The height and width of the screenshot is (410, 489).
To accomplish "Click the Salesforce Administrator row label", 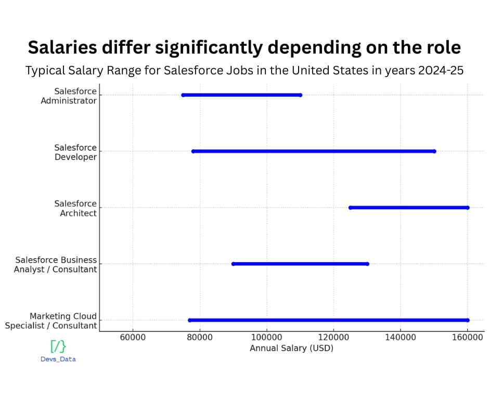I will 69,96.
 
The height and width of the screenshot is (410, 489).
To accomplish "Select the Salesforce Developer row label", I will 75,152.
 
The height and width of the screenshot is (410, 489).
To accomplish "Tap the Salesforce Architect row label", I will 75,208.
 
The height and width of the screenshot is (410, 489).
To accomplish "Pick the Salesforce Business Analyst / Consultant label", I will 56,264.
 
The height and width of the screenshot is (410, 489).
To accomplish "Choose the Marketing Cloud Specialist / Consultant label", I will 51,321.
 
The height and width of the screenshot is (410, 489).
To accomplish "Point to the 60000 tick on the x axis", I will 133,337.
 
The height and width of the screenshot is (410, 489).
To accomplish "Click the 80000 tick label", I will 200,337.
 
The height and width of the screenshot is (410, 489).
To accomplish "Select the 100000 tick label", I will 267,337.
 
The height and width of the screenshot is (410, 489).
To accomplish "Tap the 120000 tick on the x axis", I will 333,337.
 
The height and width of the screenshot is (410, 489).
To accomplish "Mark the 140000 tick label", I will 401,337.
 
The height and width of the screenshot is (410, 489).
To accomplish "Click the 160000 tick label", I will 468,337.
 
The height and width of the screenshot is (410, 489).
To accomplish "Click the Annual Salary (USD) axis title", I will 291,348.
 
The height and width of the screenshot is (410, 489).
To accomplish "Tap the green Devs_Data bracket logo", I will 58,346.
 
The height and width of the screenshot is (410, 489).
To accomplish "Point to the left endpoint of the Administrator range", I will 183,95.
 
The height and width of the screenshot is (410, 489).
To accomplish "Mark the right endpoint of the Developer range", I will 434,151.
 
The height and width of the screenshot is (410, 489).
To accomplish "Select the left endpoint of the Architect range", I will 350,208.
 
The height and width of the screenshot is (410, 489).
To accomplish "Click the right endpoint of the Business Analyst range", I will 367,264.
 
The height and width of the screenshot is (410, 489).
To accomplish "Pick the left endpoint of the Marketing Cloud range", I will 189,320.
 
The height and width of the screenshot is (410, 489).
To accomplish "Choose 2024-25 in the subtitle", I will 441,71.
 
